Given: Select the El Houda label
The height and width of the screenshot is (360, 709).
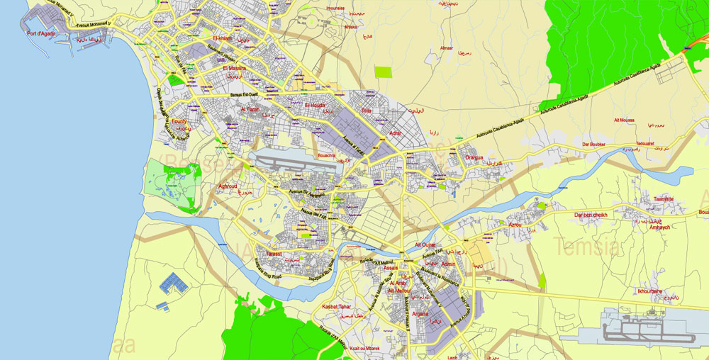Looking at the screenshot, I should (315, 105).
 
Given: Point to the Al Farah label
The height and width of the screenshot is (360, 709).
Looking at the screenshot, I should (250, 109).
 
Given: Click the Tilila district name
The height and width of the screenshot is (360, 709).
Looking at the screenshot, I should (366, 111).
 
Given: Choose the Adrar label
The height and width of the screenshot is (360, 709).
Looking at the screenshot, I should (396, 133).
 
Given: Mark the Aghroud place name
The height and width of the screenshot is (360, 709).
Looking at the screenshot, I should (228, 186).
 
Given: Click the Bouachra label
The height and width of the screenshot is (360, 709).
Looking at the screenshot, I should (327, 154).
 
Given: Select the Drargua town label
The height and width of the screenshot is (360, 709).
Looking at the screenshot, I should (474, 157).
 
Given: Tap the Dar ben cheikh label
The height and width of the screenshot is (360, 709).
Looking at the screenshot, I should (591, 215).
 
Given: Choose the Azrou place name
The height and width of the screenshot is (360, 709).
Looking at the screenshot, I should (515, 225).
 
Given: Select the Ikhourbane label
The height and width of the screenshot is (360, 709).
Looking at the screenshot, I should (649, 291).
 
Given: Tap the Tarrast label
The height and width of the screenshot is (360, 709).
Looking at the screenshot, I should (274, 253).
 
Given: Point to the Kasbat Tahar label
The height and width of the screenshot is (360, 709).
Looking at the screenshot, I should (336, 307).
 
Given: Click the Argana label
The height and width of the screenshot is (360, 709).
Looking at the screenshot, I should (420, 313).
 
